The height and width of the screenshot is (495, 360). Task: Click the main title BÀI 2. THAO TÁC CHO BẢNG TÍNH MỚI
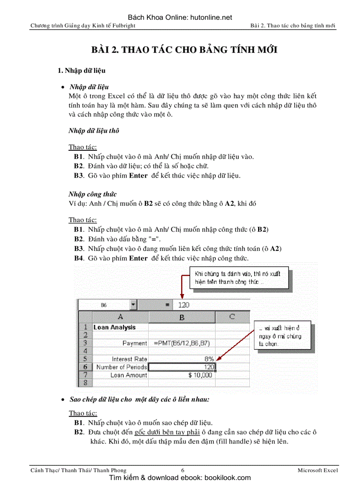184,49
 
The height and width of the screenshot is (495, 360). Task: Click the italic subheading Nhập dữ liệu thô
94,130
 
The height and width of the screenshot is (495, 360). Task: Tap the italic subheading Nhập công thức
92,194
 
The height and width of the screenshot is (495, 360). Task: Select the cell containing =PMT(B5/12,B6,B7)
181,343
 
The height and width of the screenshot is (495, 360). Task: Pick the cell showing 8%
182,359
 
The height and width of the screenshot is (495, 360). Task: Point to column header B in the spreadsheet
182,317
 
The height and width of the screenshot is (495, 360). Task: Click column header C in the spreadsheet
232,317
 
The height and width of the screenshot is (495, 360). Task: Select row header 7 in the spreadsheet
85,375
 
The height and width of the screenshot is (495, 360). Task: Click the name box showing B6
104,305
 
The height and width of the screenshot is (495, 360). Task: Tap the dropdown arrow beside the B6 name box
134,305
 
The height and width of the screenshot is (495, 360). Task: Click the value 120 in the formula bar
184,305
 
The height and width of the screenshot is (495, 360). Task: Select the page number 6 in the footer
183,470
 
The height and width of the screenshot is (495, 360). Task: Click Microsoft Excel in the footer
318,470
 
